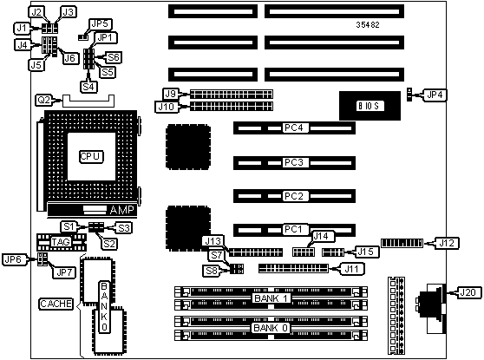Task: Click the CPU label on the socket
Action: coord(90,156)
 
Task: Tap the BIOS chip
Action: coord(370,106)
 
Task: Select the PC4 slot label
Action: coord(293,128)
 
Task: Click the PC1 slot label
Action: coord(293,229)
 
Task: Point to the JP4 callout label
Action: coord(435,95)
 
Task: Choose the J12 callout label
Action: coord(447,243)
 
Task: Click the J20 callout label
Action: coord(468,292)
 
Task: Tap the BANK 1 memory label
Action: coord(271,298)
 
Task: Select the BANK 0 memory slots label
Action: coord(271,328)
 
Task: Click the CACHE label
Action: coord(56,304)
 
